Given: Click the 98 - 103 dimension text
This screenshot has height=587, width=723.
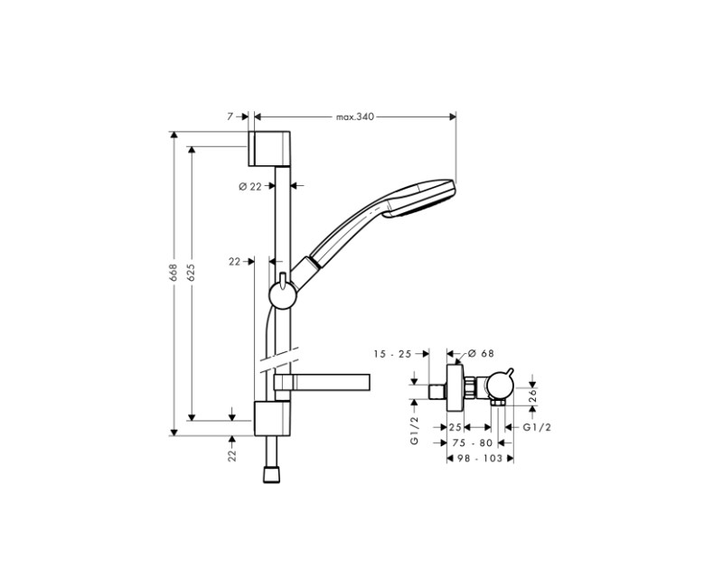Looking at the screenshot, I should (479, 459).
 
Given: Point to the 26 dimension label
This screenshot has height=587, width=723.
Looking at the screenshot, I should (533, 393).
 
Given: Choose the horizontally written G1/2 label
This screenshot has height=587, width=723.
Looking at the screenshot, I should (538, 426).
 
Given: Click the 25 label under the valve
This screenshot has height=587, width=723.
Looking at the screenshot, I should (455, 426).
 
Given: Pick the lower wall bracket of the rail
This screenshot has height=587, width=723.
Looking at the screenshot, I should (270, 419).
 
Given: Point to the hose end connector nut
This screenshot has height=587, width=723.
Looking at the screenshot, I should (269, 473).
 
